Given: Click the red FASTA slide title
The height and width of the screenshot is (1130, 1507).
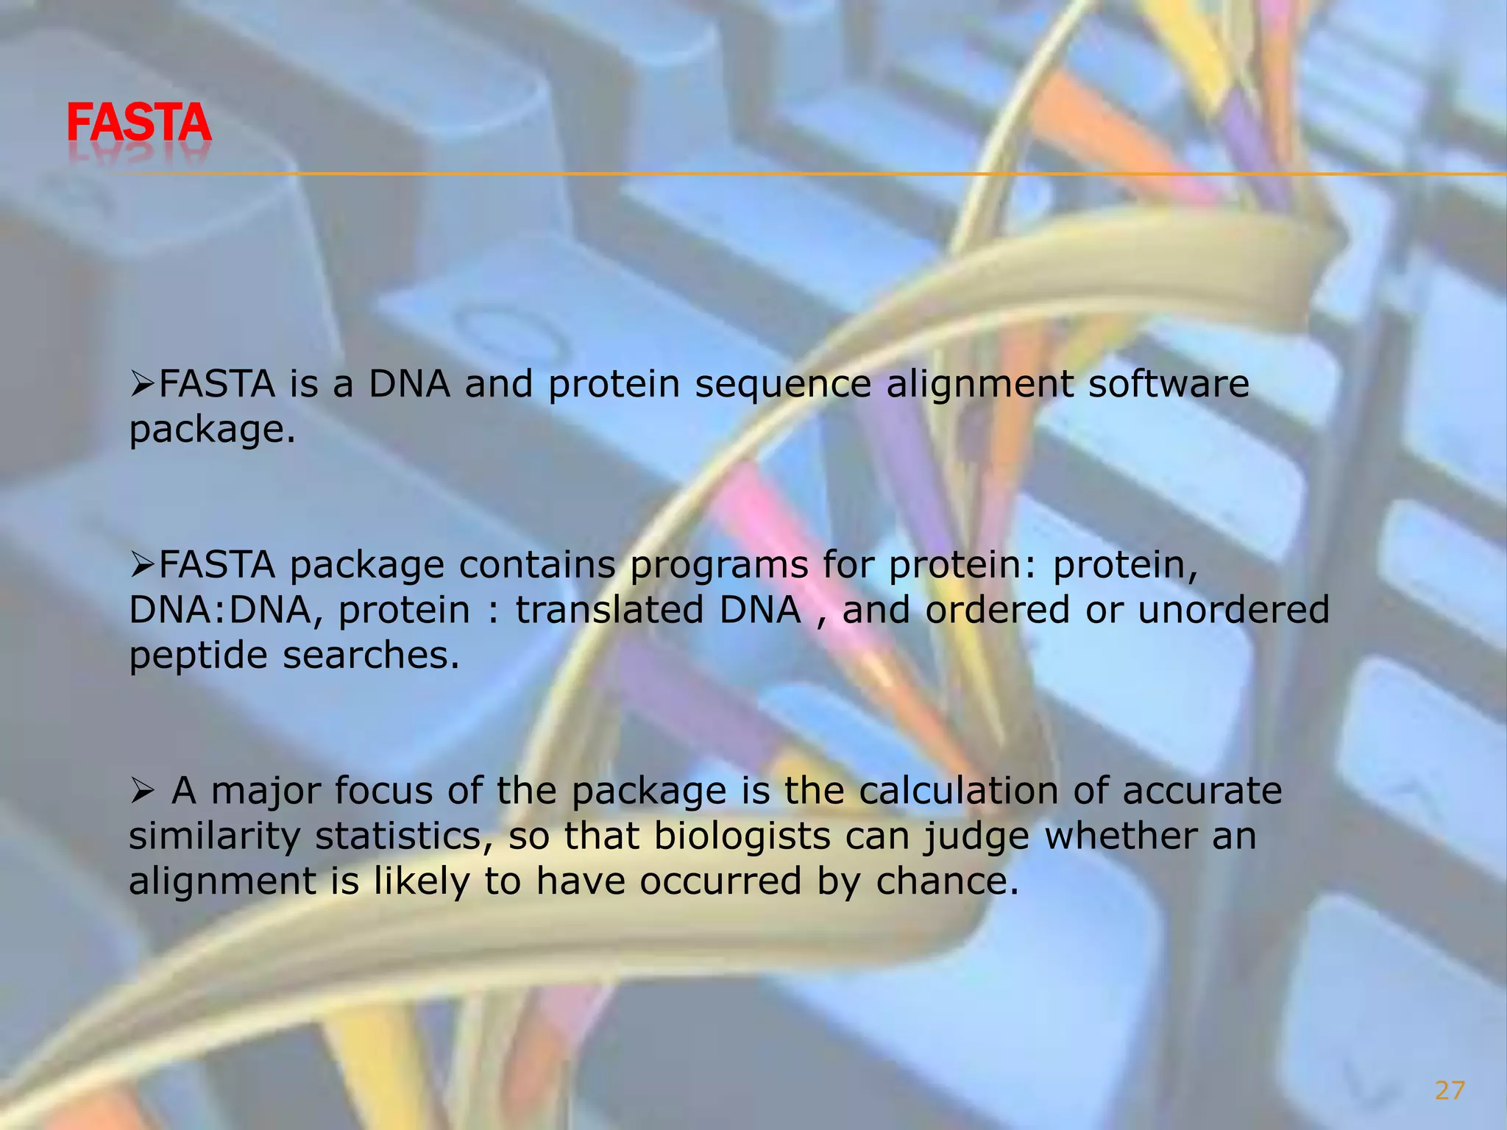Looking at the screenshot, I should tap(139, 123).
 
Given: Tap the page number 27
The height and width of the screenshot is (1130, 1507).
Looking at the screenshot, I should tap(1450, 1090).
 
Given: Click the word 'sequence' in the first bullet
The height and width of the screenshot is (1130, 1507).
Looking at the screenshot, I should tap(783, 384).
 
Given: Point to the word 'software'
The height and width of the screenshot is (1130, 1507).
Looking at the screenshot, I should tap(1169, 384).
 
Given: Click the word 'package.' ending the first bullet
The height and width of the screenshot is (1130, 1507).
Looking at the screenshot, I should tap(212, 430).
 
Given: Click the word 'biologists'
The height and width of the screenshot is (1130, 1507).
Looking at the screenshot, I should tap(742, 837).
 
